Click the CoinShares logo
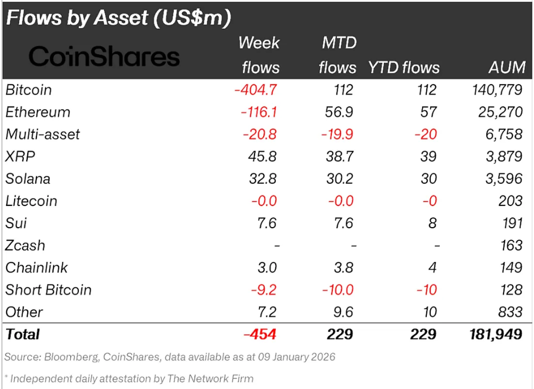tap(104, 57)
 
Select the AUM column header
tap(507, 67)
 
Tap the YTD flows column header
tap(404, 67)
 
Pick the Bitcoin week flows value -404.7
tap(256, 90)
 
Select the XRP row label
tap(20, 157)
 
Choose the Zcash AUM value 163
tap(511, 246)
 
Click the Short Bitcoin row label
tap(48, 290)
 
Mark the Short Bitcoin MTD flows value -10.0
tap(337, 290)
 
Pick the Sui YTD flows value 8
tap(432, 223)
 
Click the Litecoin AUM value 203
tap(511, 201)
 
